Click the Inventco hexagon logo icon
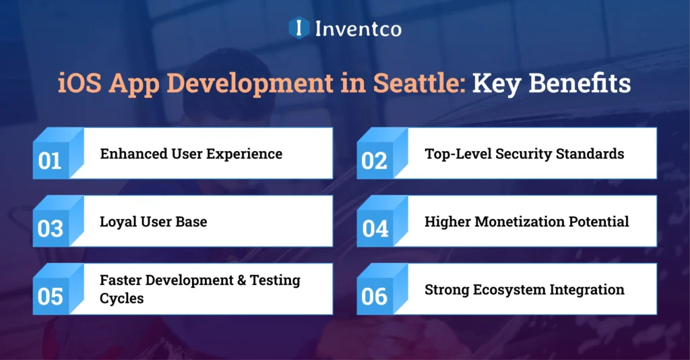(x=299, y=28)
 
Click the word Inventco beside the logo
(x=358, y=28)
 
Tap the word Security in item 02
(x=525, y=154)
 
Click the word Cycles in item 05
(x=121, y=298)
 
